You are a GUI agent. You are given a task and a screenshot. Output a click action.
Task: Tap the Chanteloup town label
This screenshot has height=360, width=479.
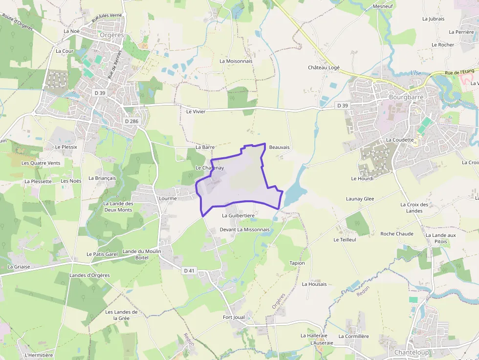click(x=412, y=352)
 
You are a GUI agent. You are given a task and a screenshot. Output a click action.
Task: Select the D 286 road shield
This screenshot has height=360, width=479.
click(x=131, y=121)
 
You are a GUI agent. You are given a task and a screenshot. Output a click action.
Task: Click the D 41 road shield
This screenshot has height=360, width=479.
click(x=189, y=271)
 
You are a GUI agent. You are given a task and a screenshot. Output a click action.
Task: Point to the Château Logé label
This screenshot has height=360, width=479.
click(x=324, y=68)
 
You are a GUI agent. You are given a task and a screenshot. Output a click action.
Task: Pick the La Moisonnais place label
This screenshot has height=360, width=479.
click(x=236, y=61)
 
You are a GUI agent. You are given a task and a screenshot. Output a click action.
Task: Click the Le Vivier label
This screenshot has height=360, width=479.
click(x=196, y=111)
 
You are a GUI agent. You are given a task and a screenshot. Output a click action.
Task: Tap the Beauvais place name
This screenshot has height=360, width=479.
click(x=280, y=147)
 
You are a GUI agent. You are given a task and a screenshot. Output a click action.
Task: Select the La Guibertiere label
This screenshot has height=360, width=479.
click(x=238, y=215)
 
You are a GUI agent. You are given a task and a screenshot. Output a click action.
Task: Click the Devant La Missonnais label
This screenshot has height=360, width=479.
click(x=244, y=229)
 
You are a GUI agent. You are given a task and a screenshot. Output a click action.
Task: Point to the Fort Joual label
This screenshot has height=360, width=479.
click(x=234, y=317)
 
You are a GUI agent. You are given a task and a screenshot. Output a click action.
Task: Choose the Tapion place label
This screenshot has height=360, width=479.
click(x=297, y=263)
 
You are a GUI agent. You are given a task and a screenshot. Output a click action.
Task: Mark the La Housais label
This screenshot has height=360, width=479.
click(x=314, y=284)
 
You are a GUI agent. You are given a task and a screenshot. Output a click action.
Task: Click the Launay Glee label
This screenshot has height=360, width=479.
click(x=360, y=199)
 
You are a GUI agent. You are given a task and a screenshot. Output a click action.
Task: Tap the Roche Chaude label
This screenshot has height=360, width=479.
click(x=397, y=233)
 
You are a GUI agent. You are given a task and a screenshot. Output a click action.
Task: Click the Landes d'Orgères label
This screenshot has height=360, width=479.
click(x=89, y=275)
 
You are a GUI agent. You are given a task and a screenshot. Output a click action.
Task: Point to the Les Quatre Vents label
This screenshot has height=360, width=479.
click(x=41, y=163)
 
